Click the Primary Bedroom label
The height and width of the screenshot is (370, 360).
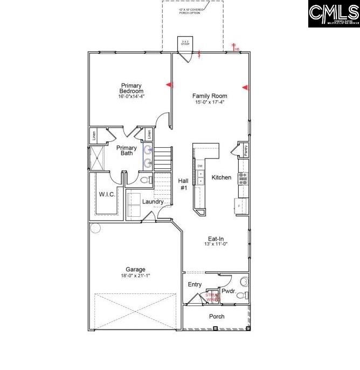coord(131,88)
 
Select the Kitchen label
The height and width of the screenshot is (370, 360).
coord(221,177)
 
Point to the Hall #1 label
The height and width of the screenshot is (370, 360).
coord(183,184)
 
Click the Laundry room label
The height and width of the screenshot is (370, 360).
coord(153,202)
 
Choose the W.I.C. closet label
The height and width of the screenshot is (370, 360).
coord(106,194)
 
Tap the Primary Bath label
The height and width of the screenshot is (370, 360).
coord(127,150)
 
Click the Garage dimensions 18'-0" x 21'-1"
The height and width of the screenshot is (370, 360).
coord(135,276)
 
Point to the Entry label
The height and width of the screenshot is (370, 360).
coord(195,284)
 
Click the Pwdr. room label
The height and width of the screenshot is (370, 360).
coord(229,291)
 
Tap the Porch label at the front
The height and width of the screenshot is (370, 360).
coord(217,317)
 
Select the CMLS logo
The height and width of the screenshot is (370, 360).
coord(334,13)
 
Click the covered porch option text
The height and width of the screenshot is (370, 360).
coord(193,11)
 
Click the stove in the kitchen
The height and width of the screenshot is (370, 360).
coord(243,178)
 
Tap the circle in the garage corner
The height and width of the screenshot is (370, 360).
coord(95,228)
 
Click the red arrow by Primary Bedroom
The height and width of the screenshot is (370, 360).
coord(169,85)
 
